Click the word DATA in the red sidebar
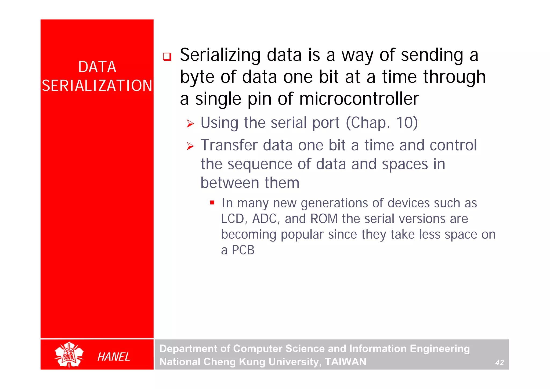97,67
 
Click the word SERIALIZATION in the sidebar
97,86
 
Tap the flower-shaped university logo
69,355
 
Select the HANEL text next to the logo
114,357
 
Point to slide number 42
499,363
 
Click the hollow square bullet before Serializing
167,57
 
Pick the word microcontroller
359,99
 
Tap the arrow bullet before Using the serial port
190,124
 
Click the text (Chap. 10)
382,123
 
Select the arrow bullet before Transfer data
190,146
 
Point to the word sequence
260,164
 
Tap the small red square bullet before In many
212,203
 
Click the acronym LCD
233,219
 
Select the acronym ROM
324,219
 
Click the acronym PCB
243,250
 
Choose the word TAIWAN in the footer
345,362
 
